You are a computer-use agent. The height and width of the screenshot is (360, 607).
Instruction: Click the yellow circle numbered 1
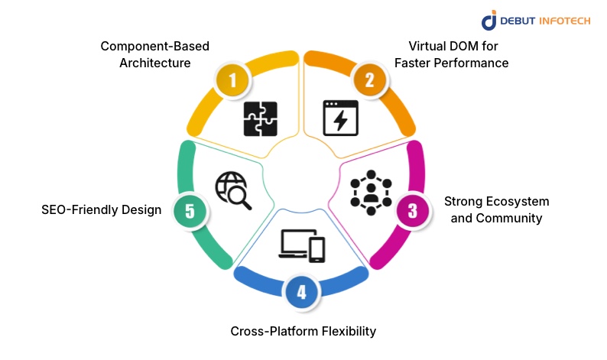tap(232, 79)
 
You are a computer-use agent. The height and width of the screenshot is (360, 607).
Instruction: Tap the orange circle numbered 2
tap(369, 79)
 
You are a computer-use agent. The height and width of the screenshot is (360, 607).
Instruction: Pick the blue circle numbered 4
tap(302, 292)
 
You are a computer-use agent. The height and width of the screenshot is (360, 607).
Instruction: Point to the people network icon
tap(370, 192)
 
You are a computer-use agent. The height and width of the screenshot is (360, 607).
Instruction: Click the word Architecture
tap(155, 63)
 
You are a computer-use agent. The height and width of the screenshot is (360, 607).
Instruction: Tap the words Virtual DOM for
tap(451, 47)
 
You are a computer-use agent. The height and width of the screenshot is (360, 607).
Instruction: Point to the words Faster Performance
tap(451, 63)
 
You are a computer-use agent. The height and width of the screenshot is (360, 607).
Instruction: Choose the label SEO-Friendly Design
tap(102, 209)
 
